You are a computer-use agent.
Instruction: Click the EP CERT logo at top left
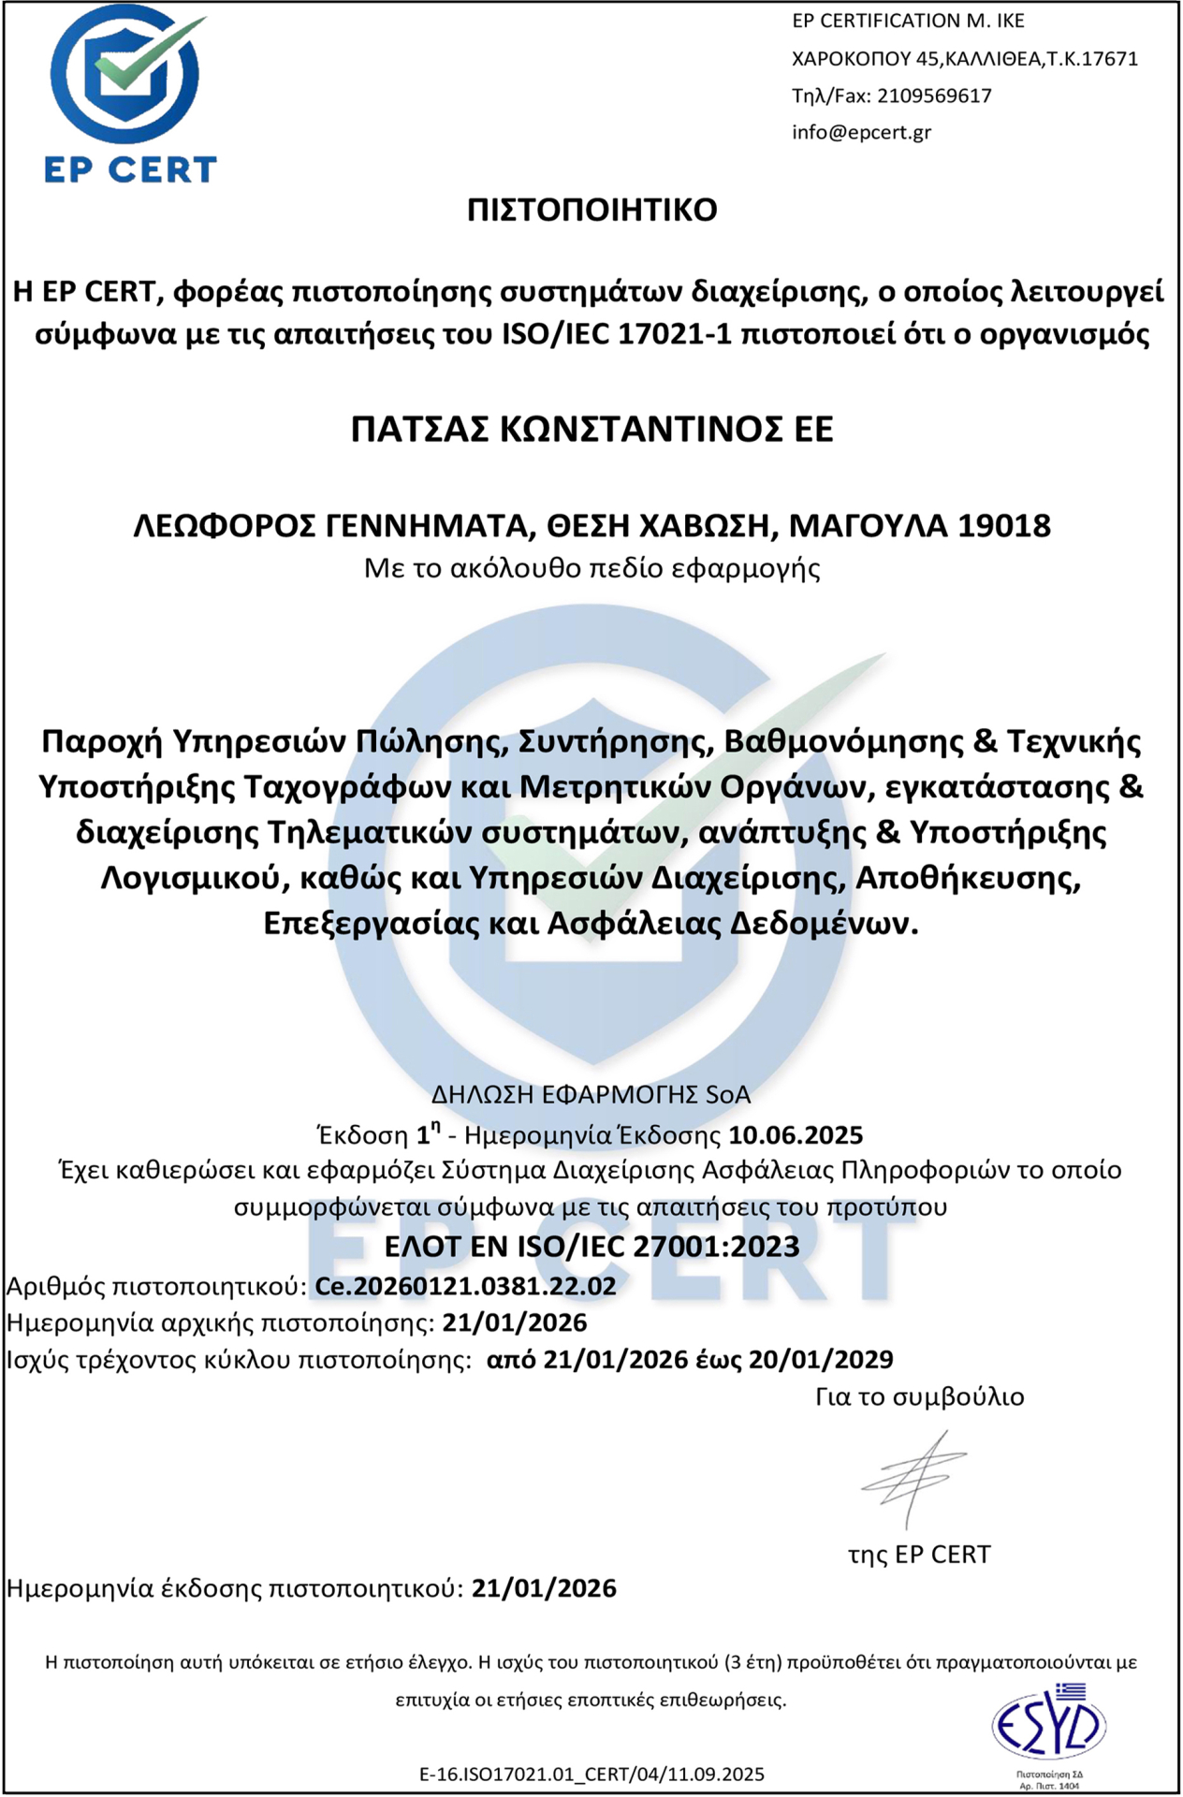click(x=130, y=94)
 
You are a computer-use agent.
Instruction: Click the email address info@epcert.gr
click(x=861, y=132)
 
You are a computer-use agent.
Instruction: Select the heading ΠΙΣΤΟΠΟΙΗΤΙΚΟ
click(x=591, y=210)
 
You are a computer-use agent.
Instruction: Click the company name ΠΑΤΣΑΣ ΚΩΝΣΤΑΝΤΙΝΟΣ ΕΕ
click(x=591, y=429)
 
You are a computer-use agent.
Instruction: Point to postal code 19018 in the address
click(x=1004, y=526)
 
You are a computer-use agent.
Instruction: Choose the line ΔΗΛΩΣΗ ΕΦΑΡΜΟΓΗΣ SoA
click(x=591, y=1094)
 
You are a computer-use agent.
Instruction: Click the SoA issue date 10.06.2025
click(x=796, y=1135)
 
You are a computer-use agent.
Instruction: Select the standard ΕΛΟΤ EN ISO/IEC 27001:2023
click(x=591, y=1247)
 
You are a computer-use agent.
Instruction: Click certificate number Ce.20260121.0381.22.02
click(x=465, y=1286)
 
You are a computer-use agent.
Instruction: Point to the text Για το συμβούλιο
click(x=919, y=1396)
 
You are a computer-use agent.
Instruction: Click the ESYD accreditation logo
click(x=1048, y=1726)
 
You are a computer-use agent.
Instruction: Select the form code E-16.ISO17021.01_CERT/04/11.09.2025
click(x=591, y=1774)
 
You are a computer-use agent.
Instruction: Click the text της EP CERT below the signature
click(x=918, y=1554)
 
